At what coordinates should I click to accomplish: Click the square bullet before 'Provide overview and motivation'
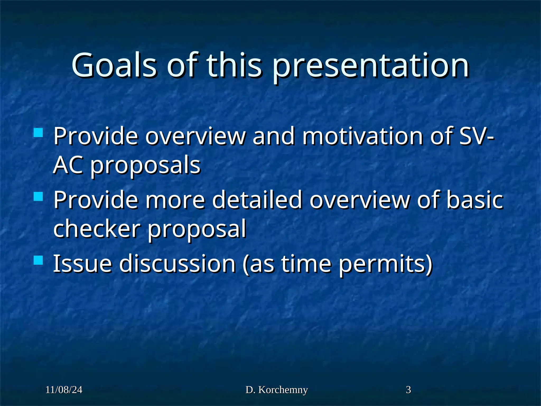coord(39,132)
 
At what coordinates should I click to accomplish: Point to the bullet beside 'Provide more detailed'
coord(39,196)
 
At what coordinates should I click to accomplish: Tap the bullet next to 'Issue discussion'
coord(39,260)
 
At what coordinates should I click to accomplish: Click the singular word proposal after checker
coord(197,230)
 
